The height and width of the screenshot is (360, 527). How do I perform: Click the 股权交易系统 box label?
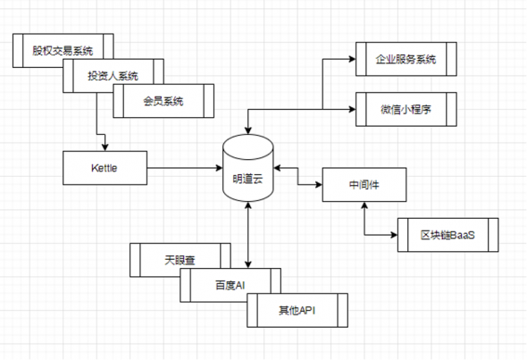tap(63, 51)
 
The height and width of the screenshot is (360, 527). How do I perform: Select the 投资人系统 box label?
tap(113, 76)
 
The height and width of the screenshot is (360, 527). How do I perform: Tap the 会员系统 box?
tap(163, 101)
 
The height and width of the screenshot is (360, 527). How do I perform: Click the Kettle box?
tap(105, 168)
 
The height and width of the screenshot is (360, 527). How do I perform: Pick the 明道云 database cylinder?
tap(248, 168)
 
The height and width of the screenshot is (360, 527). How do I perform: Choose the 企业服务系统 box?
tap(406, 59)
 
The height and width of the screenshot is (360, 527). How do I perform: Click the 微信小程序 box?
tap(406, 109)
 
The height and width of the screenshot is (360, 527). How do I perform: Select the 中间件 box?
tap(364, 185)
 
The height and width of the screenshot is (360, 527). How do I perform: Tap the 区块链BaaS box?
tap(448, 235)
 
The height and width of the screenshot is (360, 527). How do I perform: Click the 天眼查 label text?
tap(180, 260)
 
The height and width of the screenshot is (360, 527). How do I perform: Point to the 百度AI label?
tap(230, 285)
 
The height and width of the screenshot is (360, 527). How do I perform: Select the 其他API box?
tap(297, 310)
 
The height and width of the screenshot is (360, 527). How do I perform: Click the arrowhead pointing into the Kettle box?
tap(105, 147)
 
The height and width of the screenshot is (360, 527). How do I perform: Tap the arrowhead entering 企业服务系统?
tap(352, 59)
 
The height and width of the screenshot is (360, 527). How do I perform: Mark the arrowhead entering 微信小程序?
tap(352, 109)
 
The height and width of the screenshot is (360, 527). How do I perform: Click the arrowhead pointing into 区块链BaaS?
tap(394, 235)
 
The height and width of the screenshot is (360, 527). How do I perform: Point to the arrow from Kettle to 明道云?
tap(185, 168)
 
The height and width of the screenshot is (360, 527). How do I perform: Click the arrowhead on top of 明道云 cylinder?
tap(248, 130)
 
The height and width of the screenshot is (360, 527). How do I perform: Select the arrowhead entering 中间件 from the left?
tap(319, 185)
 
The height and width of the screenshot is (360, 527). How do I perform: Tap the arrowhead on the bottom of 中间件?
tap(364, 205)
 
